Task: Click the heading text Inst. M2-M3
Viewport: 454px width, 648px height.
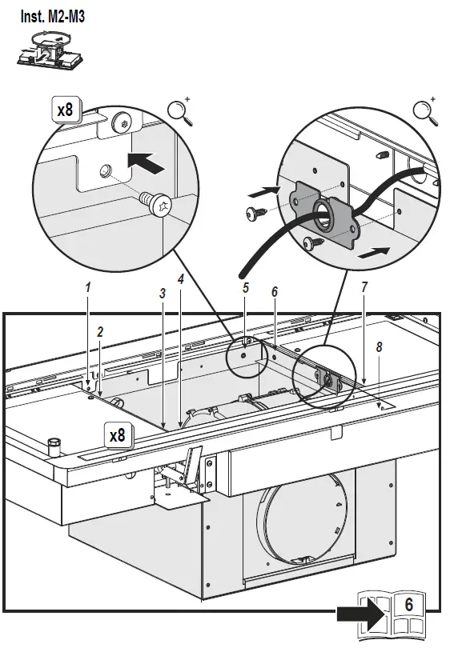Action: pyautogui.click(x=53, y=17)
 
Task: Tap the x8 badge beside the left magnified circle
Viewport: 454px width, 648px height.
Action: pyautogui.click(x=66, y=110)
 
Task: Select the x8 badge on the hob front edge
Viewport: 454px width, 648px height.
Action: pyautogui.click(x=118, y=435)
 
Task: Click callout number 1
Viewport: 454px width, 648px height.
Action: pyautogui.click(x=87, y=288)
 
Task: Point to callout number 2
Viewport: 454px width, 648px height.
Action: pyautogui.click(x=100, y=332)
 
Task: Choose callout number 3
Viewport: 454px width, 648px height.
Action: pyautogui.click(x=163, y=293)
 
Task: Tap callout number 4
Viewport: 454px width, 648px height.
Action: pyautogui.click(x=181, y=279)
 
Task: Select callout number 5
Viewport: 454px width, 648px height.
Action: pyautogui.click(x=246, y=288)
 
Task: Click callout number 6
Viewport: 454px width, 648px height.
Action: pyautogui.click(x=275, y=292)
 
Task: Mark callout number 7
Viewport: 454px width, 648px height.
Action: pyautogui.click(x=364, y=288)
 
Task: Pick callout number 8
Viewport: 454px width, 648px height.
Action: pyautogui.click(x=380, y=347)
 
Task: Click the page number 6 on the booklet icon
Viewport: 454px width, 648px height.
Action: pyautogui.click(x=408, y=605)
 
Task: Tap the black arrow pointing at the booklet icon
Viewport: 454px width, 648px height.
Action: pyautogui.click(x=362, y=614)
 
